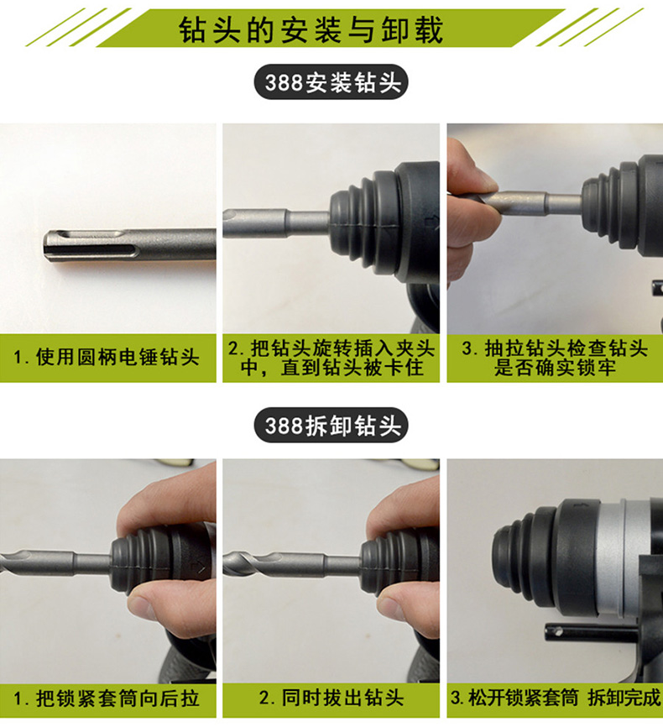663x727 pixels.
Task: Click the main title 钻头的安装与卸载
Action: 311,30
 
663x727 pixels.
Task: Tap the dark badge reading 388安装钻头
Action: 331,82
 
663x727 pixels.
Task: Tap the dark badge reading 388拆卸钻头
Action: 331,425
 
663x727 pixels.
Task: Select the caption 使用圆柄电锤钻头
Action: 107,358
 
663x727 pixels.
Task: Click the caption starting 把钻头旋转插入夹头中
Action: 331,358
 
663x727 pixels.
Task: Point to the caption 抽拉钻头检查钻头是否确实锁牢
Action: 555,358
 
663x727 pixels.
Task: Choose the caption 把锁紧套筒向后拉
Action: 107,699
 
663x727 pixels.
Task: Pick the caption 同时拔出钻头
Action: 331,698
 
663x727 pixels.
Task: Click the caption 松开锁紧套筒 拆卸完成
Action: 555,698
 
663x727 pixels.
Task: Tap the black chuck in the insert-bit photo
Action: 386,222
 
